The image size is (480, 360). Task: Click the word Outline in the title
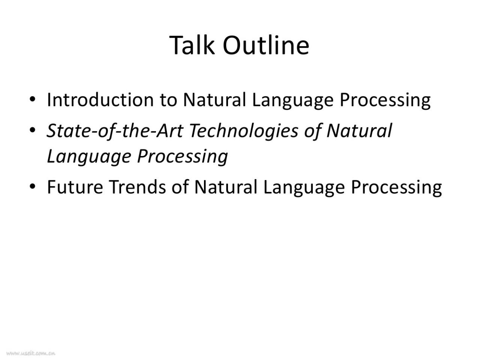266,45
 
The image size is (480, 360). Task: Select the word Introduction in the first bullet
100,100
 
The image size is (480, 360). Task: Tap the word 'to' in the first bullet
168,101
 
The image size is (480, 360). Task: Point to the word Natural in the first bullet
214,100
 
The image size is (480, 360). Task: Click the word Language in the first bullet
293,101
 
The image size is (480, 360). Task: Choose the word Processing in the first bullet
385,101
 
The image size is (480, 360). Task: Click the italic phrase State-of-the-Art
115,131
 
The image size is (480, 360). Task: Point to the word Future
75,187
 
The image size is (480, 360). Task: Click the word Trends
137,187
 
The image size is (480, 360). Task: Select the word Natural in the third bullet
226,187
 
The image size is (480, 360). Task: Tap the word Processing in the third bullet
396,188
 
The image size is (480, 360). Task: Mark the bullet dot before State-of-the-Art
32,130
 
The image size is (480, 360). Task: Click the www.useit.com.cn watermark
31,353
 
